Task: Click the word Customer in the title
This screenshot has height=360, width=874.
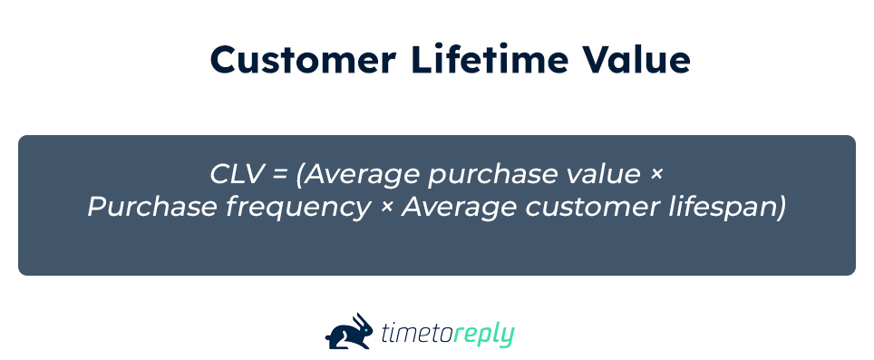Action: (x=303, y=60)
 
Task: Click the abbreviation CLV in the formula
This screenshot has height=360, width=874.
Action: (x=236, y=174)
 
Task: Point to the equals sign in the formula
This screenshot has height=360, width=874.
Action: (x=279, y=175)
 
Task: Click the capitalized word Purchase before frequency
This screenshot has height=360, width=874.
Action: (x=152, y=208)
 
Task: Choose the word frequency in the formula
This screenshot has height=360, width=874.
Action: (x=298, y=209)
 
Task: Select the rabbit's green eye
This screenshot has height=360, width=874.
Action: (x=365, y=329)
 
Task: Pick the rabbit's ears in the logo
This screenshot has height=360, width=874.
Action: (x=362, y=320)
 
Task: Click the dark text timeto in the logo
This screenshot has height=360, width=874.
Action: (x=417, y=334)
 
